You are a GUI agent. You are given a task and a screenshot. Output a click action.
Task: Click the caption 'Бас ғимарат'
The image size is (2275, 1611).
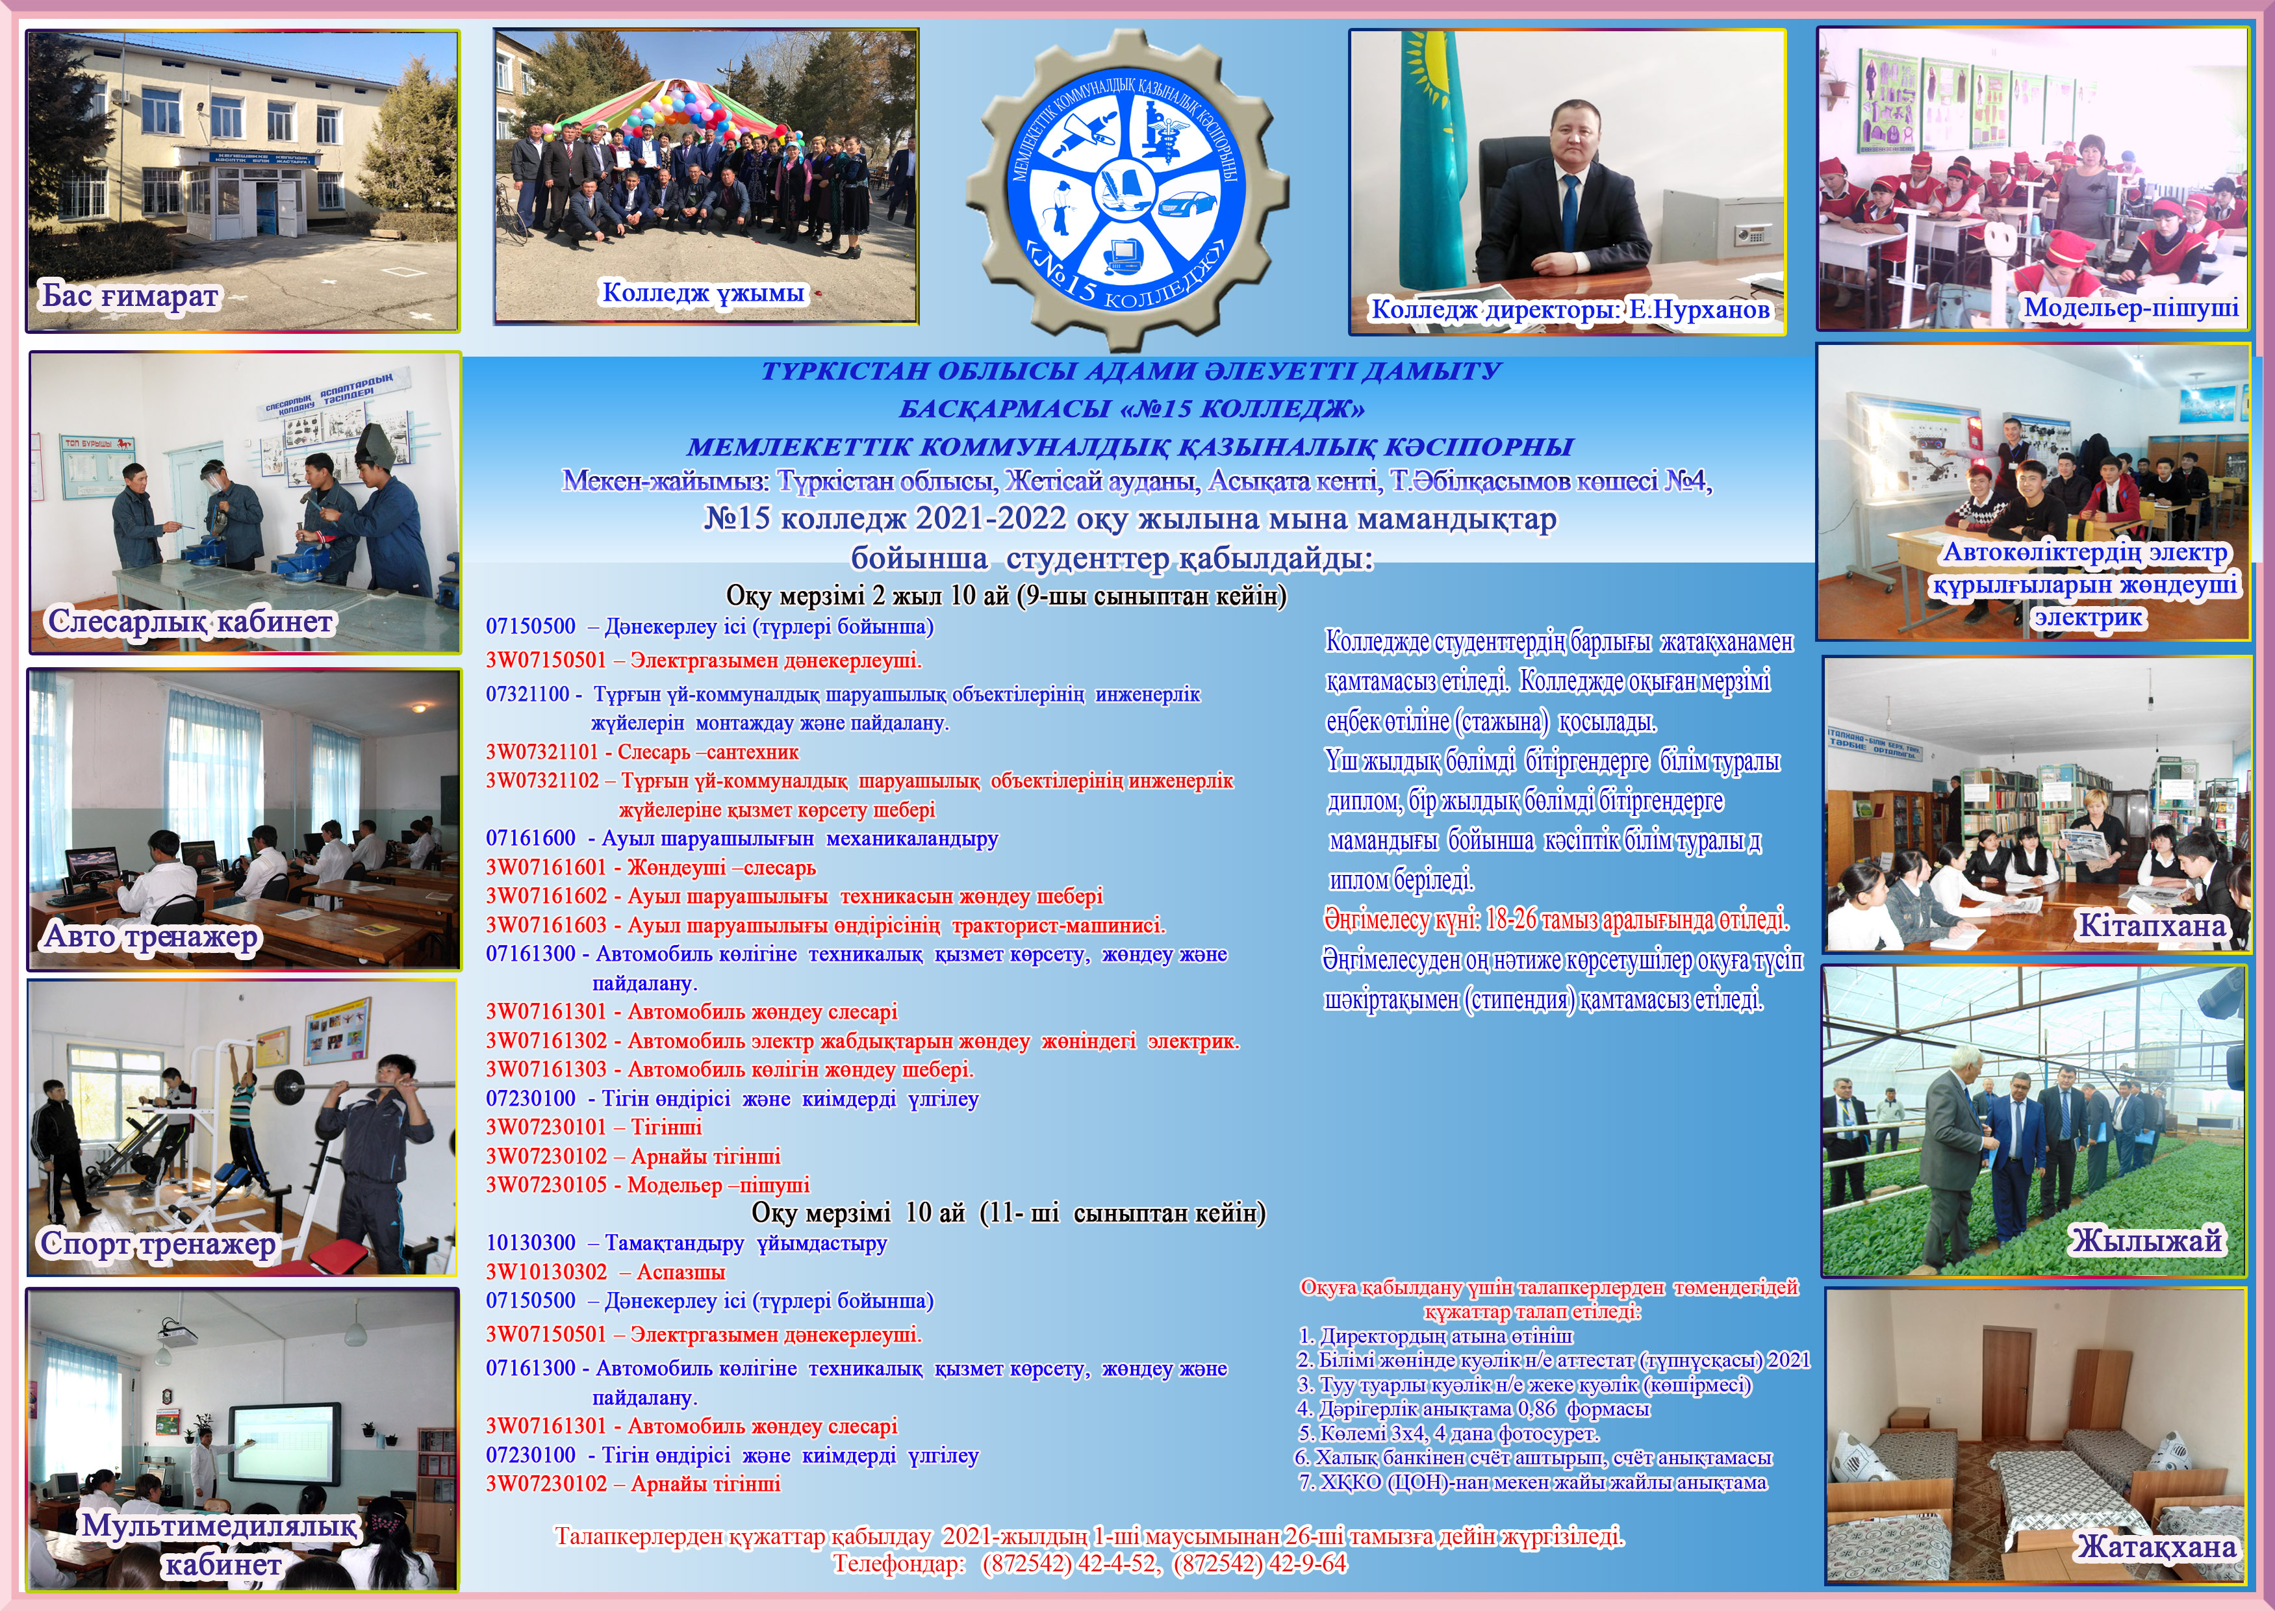129,296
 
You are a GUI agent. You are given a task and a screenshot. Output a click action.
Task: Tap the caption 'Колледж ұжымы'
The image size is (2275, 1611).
704,292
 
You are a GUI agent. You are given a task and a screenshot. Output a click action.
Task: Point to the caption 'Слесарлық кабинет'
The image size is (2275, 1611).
190,622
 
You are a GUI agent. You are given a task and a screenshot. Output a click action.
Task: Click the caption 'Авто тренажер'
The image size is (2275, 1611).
151,937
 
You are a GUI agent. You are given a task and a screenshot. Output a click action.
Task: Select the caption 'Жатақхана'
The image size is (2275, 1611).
2157,1547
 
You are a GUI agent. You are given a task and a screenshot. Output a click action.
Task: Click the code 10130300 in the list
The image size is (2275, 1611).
531,1243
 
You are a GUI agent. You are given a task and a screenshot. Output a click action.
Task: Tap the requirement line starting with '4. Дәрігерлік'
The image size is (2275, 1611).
1473,1408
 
